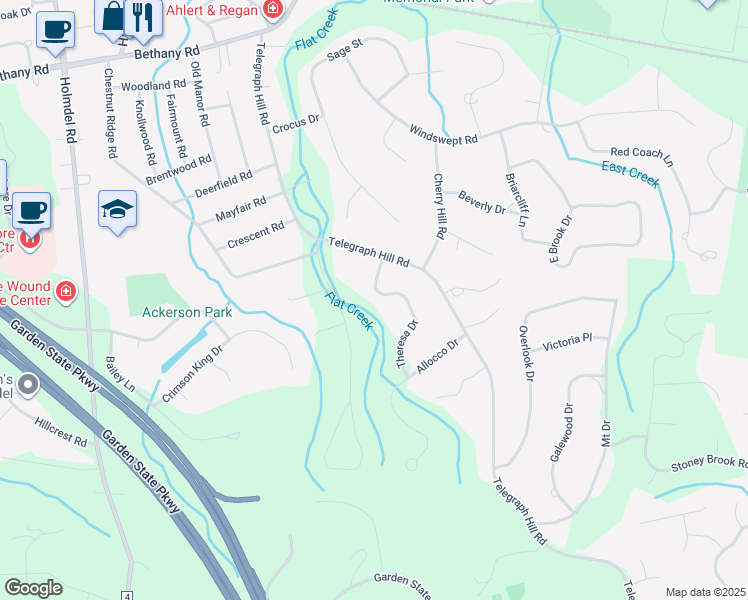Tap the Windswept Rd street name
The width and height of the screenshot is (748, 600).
[x=444, y=133]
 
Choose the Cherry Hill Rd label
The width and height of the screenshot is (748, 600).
[x=439, y=205]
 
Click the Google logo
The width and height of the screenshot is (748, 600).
[x=33, y=588]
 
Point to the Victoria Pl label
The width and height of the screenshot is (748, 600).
[x=567, y=342]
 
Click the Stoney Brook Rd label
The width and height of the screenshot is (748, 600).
[x=708, y=464]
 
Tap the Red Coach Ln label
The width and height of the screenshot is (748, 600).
[x=641, y=155]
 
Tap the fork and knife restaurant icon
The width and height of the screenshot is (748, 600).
[x=143, y=17]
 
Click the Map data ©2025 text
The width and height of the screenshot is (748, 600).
[x=704, y=592]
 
